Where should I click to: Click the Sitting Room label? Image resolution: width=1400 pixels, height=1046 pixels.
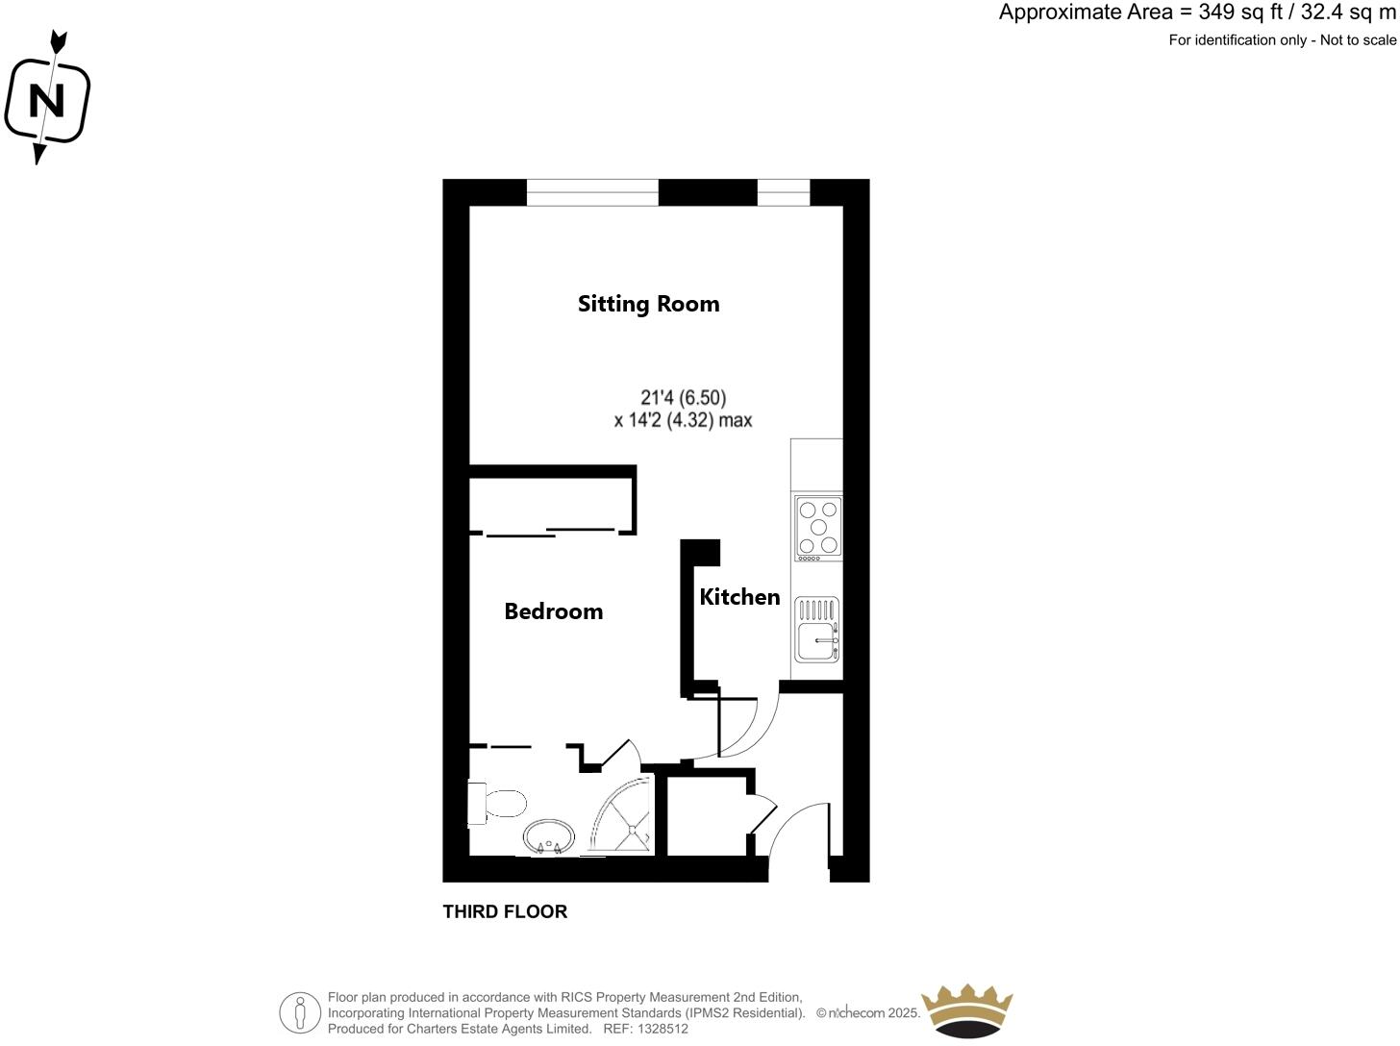pyautogui.click(x=648, y=304)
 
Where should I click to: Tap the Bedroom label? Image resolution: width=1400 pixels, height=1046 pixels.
pyautogui.click(x=553, y=611)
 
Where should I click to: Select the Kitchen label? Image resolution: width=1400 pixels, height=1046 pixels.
pyautogui.click(x=739, y=597)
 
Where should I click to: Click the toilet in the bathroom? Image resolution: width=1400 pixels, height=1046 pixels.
pyautogui.click(x=498, y=804)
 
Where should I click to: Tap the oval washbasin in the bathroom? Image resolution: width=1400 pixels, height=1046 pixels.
pyautogui.click(x=549, y=835)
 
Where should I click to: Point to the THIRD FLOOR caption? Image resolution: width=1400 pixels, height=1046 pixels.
pyautogui.click(x=505, y=911)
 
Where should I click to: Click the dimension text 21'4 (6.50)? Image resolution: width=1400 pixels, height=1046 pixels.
pyautogui.click(x=683, y=397)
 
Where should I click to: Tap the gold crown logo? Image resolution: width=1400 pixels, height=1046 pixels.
pyautogui.click(x=966, y=1010)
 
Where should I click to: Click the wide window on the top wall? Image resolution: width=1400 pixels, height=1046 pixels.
pyautogui.click(x=592, y=192)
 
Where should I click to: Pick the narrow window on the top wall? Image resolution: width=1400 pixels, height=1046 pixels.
pyautogui.click(x=784, y=192)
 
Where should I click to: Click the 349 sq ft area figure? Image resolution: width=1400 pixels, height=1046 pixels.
pyautogui.click(x=1237, y=12)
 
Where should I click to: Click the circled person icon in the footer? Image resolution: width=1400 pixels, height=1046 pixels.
pyautogui.click(x=300, y=1012)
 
